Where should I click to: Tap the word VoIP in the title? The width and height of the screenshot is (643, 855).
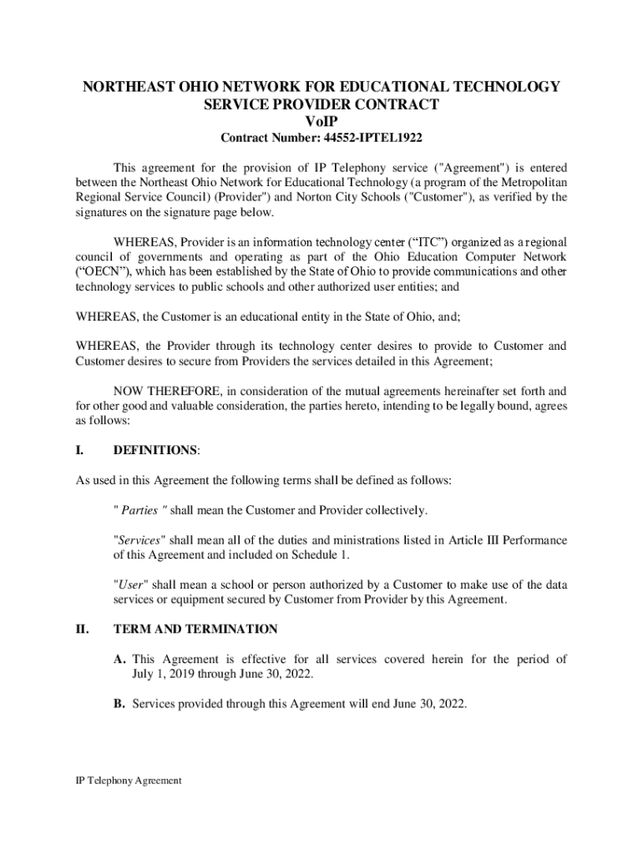[321, 121]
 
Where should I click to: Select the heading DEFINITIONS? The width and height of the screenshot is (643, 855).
[155, 450]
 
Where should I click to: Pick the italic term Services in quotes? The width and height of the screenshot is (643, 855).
[139, 539]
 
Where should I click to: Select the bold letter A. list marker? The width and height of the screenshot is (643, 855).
[120, 659]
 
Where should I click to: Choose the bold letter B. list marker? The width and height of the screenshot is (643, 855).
[119, 704]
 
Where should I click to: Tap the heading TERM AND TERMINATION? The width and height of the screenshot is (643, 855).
[195, 629]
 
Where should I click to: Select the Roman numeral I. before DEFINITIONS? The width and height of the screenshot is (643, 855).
[79, 450]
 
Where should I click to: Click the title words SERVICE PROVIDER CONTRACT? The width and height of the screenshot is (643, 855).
[321, 104]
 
